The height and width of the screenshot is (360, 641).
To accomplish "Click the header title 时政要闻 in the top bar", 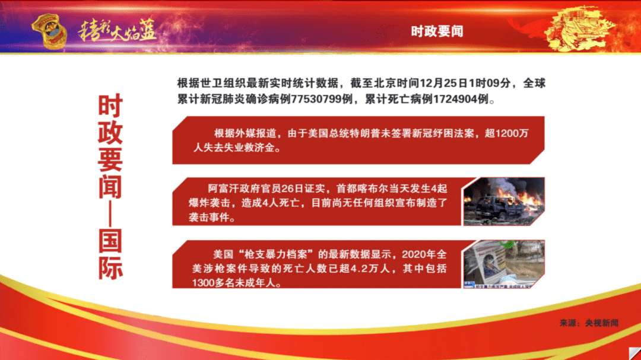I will pyautogui.click(x=437, y=31).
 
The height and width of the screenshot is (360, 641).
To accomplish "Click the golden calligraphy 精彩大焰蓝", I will pyautogui.click(x=119, y=31).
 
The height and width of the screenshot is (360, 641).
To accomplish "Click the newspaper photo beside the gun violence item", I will pyautogui.click(x=503, y=264).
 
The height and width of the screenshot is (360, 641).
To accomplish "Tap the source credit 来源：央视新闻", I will pyautogui.click(x=588, y=323).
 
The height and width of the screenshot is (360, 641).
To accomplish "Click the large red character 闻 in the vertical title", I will pyautogui.click(x=110, y=187).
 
